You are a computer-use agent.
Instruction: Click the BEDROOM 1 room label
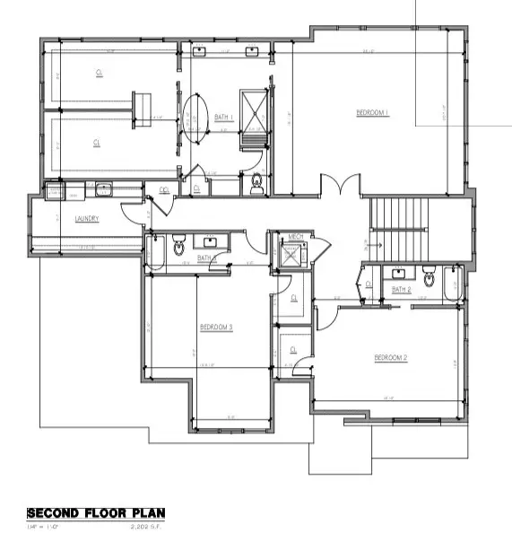372,112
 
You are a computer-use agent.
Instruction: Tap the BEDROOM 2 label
391,358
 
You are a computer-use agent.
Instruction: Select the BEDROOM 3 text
216,328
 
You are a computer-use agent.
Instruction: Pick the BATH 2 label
401,289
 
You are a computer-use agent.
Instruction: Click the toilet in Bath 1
256,183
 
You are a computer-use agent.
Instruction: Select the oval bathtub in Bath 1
195,117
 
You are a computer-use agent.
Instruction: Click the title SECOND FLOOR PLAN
96,514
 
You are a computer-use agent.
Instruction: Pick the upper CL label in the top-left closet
98,73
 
